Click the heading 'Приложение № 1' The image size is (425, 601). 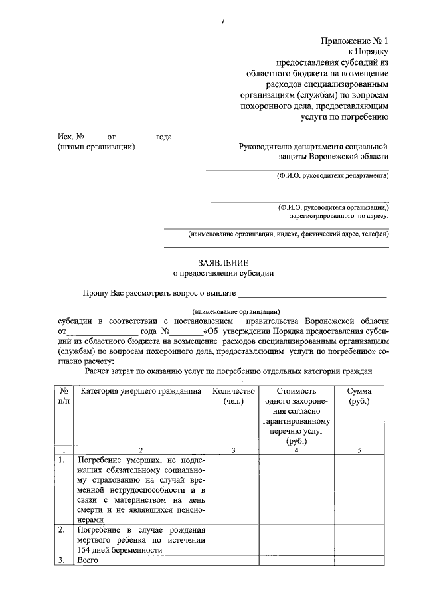[x=355, y=41]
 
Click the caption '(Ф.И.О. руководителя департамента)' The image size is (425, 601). [x=333, y=176]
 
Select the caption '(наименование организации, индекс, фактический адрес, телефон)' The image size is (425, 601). [x=288, y=234]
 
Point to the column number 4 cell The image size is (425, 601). [x=296, y=450]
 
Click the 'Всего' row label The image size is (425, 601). [x=88, y=561]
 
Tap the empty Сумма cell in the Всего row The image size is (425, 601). [x=359, y=561]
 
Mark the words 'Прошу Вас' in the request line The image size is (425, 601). [x=102, y=292]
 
